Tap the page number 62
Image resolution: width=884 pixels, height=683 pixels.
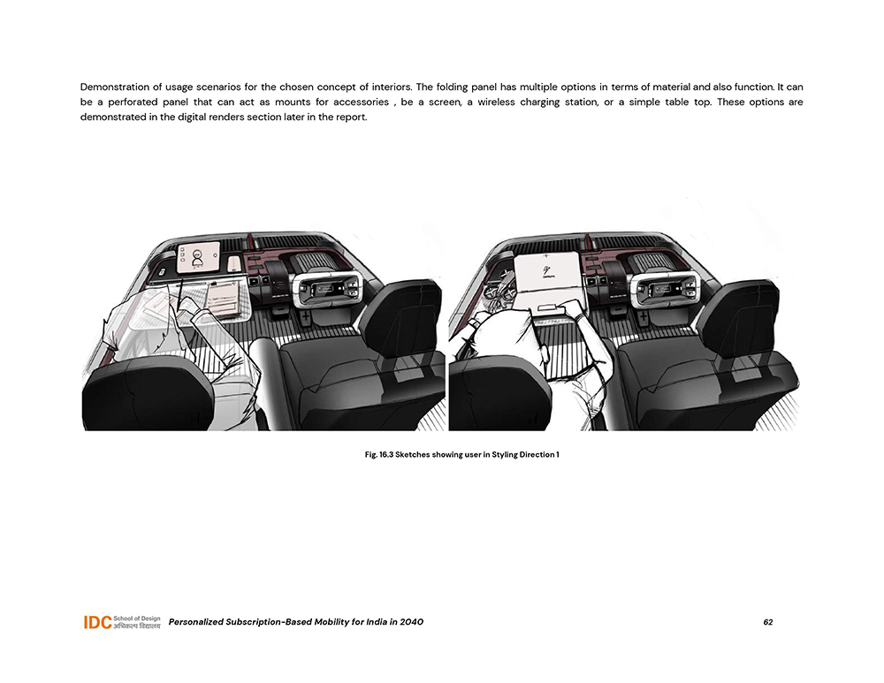click(768, 622)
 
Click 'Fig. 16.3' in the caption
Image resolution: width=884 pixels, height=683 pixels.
click(378, 455)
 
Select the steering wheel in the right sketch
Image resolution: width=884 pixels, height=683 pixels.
click(666, 287)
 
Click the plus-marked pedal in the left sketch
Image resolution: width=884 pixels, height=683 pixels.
click(304, 318)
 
